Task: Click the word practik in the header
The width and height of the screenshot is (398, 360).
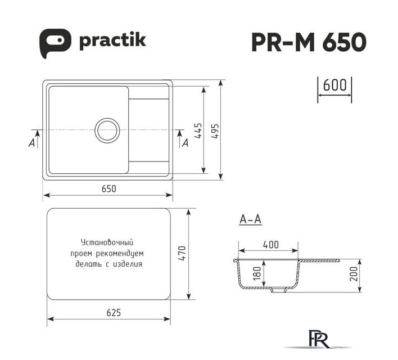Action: [112, 40]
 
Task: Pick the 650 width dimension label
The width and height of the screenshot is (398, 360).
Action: [109, 189]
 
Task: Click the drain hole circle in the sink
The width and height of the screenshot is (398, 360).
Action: [107, 129]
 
